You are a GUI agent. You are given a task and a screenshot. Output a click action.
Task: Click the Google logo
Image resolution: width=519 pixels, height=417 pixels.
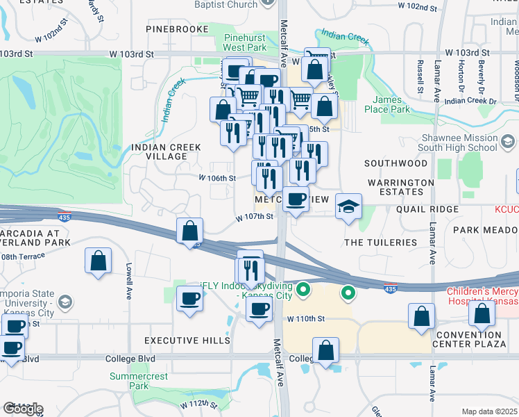click(x=23, y=409)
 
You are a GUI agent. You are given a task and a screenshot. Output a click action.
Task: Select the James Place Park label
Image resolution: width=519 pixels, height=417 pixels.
click(x=391, y=104)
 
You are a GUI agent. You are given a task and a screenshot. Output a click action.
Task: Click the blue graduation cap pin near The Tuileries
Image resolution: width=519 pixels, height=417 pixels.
click(x=348, y=206)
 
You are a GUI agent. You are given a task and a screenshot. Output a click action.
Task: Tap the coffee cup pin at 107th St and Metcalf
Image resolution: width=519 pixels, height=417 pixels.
click(x=296, y=199)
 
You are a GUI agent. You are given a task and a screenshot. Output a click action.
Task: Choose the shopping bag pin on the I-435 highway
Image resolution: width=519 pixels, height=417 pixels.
click(x=189, y=231)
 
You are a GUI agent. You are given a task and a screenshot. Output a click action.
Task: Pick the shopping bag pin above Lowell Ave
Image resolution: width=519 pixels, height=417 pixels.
click(x=99, y=261)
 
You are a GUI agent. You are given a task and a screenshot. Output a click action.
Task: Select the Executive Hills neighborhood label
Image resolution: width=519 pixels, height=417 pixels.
click(x=187, y=341)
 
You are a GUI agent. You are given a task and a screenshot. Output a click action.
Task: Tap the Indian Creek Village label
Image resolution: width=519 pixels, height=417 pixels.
click(x=166, y=152)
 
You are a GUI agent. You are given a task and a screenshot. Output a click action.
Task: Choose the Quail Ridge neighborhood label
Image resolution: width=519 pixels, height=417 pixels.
click(x=427, y=209)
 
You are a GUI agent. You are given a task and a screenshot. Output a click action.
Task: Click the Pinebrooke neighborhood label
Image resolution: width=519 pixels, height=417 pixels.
click(x=178, y=29)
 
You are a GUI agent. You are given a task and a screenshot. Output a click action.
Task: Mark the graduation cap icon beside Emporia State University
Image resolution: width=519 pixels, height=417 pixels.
click(x=65, y=302)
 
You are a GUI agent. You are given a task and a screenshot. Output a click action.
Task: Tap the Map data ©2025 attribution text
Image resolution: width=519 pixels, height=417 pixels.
click(x=490, y=411)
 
